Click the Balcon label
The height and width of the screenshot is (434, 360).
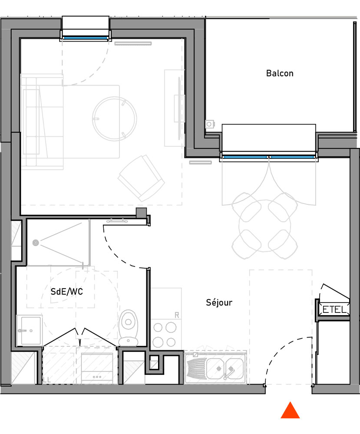(x=280, y=73)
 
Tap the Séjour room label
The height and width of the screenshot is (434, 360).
(x=219, y=302)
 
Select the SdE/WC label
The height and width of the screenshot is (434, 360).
(x=66, y=292)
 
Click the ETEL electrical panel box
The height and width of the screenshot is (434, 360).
(x=334, y=309)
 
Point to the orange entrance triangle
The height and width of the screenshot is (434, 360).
(x=290, y=411)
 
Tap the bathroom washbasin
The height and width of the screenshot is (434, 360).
(x=29, y=330)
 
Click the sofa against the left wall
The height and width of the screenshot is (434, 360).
(x=42, y=121)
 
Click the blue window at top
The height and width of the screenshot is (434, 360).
(x=85, y=38)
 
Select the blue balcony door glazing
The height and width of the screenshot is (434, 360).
(x=268, y=156)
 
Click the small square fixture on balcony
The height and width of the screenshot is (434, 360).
(x=210, y=124)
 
